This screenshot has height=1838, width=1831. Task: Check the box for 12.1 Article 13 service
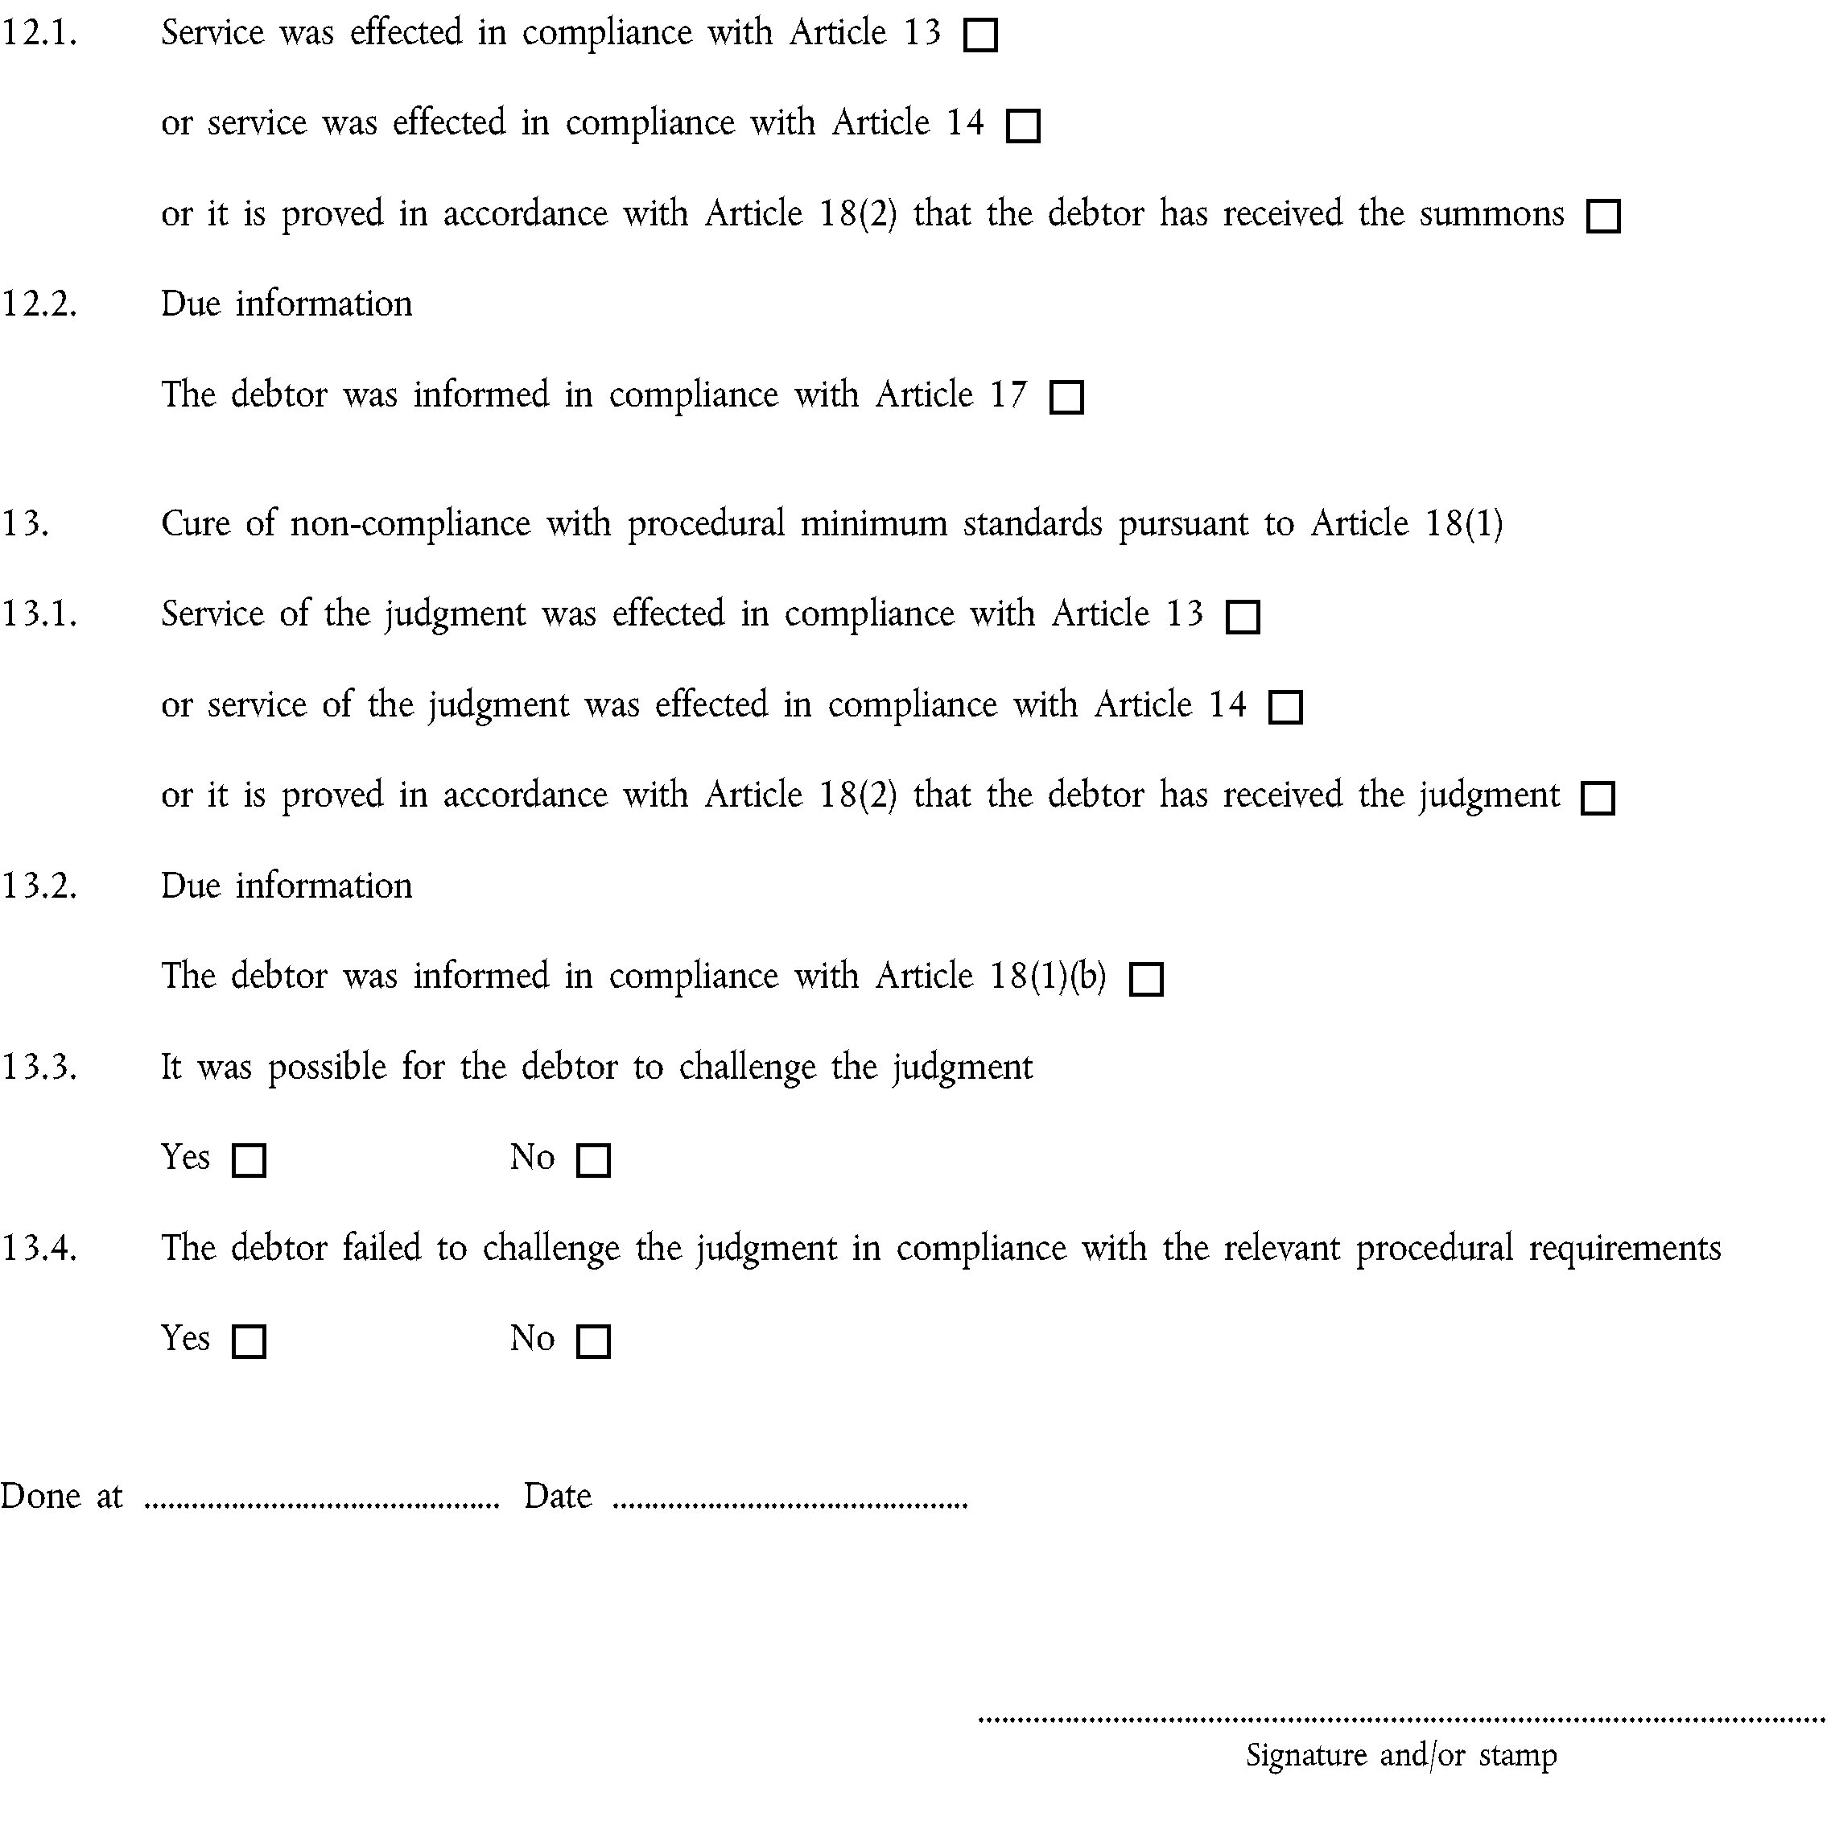[x=980, y=36]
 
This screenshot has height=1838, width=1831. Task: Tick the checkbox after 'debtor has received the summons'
[x=1604, y=217]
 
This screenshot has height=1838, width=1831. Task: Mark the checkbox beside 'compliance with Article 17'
[x=1066, y=398]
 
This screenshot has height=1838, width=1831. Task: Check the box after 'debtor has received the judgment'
[x=1598, y=798]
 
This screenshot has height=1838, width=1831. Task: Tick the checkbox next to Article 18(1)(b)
[x=1146, y=979]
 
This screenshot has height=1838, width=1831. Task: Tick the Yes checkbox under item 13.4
[x=249, y=1341]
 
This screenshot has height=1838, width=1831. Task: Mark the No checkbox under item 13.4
[x=593, y=1341]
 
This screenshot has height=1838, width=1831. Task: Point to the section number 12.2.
[x=39, y=304]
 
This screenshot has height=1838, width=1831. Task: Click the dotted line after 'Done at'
[x=321, y=1505]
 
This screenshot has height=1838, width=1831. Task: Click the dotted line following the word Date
[x=790, y=1505]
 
